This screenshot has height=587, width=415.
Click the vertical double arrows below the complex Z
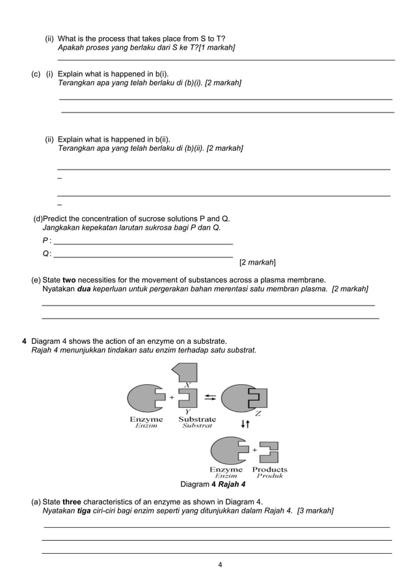(245, 424)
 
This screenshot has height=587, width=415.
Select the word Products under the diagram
(269, 469)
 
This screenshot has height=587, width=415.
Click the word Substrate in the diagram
(197, 419)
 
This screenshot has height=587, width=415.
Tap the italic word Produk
(269, 476)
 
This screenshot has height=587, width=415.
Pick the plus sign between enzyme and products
(255, 449)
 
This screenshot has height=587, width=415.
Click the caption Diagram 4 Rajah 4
(213, 484)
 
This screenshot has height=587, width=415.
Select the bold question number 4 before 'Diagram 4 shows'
(24, 341)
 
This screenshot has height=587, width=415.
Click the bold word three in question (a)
(72, 502)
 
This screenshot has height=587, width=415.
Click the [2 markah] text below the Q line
(257, 263)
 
